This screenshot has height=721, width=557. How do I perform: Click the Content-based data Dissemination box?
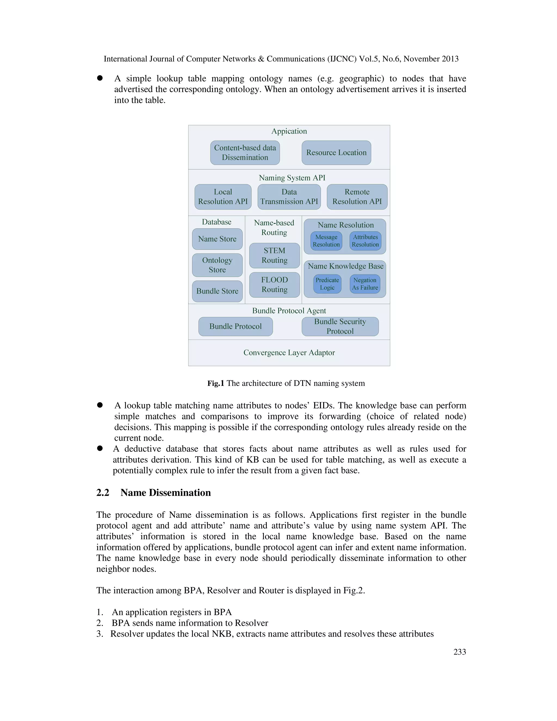point(245,153)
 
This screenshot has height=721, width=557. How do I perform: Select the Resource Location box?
point(336,153)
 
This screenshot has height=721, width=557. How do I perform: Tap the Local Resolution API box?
point(223,197)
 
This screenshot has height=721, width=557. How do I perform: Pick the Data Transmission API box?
point(289,197)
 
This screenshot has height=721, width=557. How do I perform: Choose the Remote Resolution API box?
point(357,197)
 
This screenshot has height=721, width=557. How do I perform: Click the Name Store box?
point(217,239)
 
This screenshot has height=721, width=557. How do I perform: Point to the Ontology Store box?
point(217,265)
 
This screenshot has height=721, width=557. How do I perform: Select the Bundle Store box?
point(217,291)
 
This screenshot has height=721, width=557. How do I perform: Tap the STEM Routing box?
point(274,255)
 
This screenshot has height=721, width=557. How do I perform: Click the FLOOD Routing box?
point(274,285)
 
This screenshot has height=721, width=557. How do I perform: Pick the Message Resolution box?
point(326,241)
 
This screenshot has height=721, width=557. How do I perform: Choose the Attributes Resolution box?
point(365,241)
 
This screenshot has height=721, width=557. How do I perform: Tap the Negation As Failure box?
point(365,284)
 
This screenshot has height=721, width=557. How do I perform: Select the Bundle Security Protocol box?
point(340,326)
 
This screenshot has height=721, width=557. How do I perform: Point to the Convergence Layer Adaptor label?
point(289,353)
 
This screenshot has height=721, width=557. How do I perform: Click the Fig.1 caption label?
point(286,383)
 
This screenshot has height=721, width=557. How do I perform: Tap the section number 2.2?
point(103,492)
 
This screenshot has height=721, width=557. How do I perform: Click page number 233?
point(460,652)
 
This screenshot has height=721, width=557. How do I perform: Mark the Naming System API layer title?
point(292,178)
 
